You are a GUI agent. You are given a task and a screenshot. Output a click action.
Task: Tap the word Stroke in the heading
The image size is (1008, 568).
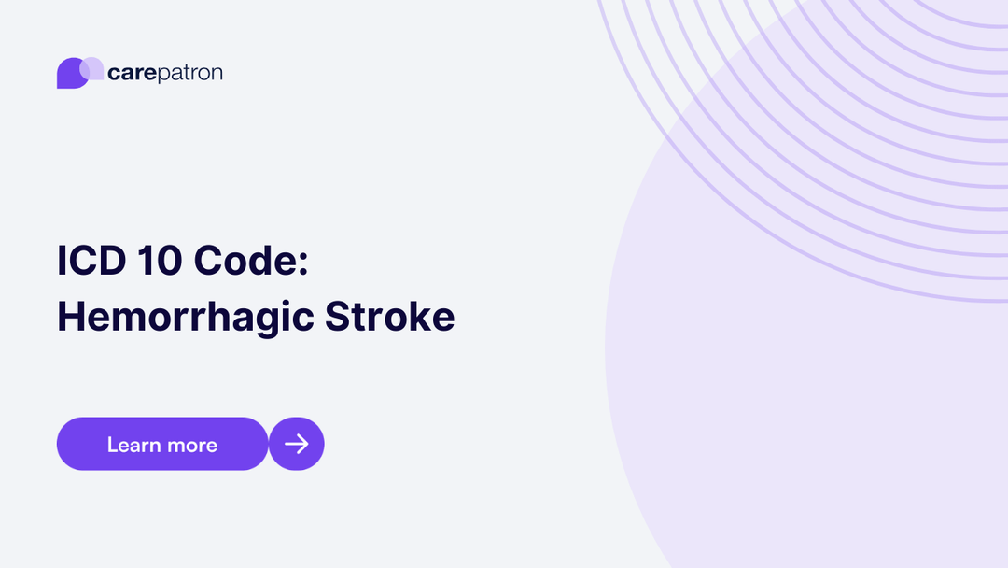pyautogui.click(x=390, y=318)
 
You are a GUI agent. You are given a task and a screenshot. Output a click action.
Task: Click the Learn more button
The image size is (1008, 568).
pyautogui.click(x=162, y=444)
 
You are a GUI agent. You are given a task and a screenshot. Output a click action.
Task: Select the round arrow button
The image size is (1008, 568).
pyautogui.click(x=297, y=444)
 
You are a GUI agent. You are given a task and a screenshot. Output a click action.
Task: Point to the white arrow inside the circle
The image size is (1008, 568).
pyautogui.click(x=297, y=444)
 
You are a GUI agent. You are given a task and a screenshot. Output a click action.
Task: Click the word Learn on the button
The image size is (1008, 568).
pyautogui.click(x=133, y=445)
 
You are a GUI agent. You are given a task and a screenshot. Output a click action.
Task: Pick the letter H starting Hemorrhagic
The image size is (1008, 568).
pyautogui.click(x=71, y=318)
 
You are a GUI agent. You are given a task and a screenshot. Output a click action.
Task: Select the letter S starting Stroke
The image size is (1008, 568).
pyautogui.click(x=338, y=318)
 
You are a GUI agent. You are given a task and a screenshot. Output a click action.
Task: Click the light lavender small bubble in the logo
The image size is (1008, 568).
pyautogui.click(x=92, y=68)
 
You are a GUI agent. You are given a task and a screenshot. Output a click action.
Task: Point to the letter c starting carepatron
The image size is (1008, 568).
pyautogui.click(x=114, y=74)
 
